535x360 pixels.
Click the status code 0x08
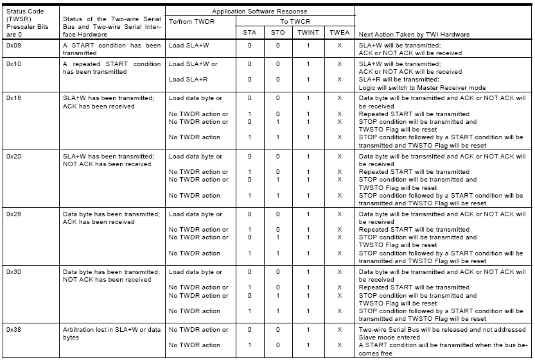[x=13, y=46]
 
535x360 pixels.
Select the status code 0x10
[x=13, y=64]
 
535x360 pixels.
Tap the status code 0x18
[x=13, y=98]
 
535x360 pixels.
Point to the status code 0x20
[x=13, y=156]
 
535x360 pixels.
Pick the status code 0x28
[x=13, y=214]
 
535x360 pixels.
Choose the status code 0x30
[x=13, y=271]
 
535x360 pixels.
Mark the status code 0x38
[x=13, y=329]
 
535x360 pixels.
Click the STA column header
[x=249, y=33]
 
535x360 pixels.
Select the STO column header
[x=278, y=33]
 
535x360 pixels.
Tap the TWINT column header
[x=308, y=33]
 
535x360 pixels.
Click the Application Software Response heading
[x=260, y=12]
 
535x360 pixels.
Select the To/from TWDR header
[x=191, y=21]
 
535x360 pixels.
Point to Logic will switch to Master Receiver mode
[x=421, y=87]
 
